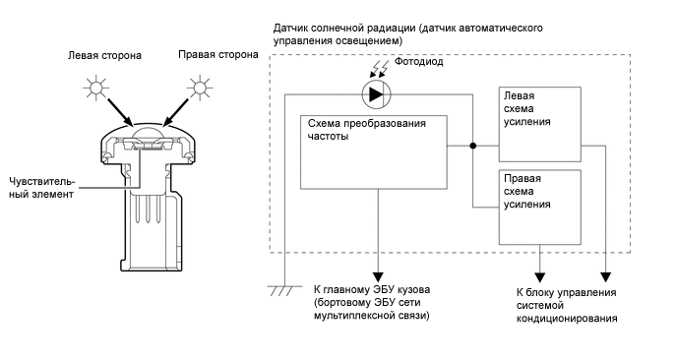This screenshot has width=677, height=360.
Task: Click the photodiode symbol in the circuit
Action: point(376,94)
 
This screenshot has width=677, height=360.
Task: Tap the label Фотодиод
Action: point(419,62)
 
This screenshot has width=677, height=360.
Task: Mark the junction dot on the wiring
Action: point(472,146)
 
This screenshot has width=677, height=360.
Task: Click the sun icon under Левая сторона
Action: point(95,88)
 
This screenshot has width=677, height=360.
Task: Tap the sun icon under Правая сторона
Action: point(200,88)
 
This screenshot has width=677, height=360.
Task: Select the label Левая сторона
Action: point(104,56)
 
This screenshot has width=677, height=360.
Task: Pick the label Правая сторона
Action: point(218,55)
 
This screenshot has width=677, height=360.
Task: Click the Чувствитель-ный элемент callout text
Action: point(41,188)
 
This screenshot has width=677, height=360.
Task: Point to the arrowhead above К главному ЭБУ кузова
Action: point(378,276)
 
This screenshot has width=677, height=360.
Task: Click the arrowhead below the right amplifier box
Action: point(539,277)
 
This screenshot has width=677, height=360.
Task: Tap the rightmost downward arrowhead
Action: point(606,277)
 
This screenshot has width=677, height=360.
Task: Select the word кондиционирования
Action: point(567,319)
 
